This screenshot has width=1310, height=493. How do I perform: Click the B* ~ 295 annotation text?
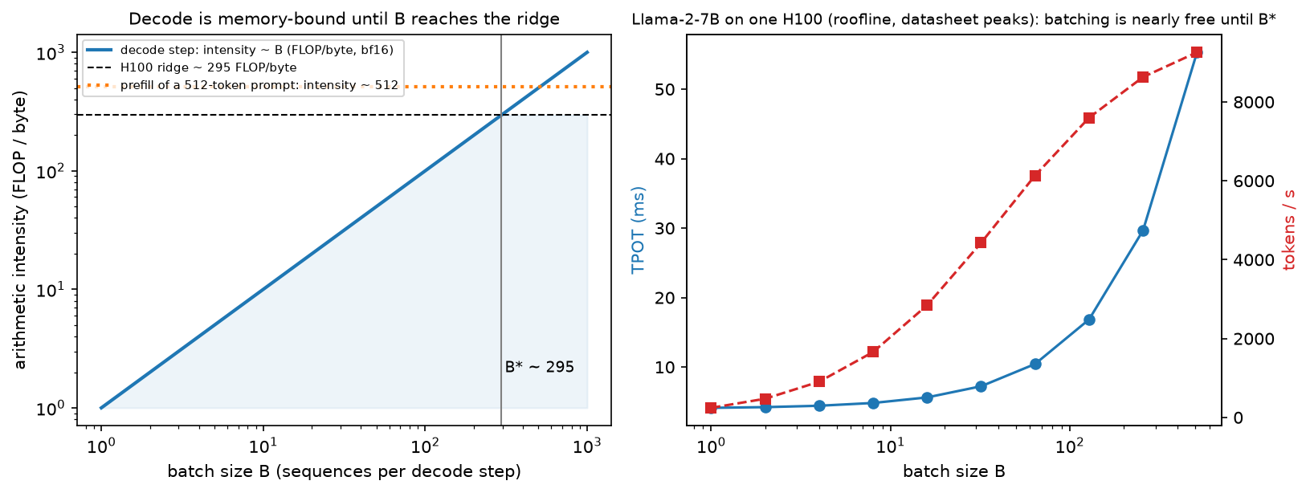(x=539, y=367)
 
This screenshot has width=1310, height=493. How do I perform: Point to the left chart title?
(x=344, y=19)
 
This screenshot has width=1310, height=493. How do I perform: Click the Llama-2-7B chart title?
(x=954, y=19)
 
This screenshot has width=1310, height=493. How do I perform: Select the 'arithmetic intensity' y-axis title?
(x=20, y=230)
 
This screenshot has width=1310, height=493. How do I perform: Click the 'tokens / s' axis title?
(x=1289, y=230)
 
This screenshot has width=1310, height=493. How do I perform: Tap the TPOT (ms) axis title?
(x=638, y=230)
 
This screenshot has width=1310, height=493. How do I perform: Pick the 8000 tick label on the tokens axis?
(x=1253, y=102)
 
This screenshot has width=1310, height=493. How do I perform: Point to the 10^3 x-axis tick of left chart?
(x=587, y=446)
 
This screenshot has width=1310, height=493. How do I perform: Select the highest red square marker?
(x=1197, y=53)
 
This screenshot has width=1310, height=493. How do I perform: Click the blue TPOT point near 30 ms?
(x=1143, y=231)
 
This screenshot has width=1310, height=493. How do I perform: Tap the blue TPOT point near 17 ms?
(x=1089, y=320)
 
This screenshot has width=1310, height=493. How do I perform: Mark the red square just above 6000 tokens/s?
(x=1035, y=176)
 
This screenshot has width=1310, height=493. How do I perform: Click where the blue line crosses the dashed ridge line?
(x=501, y=115)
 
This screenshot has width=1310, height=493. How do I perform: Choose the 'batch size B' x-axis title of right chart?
(x=954, y=471)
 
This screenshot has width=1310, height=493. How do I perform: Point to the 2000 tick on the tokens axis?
(x=1253, y=339)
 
